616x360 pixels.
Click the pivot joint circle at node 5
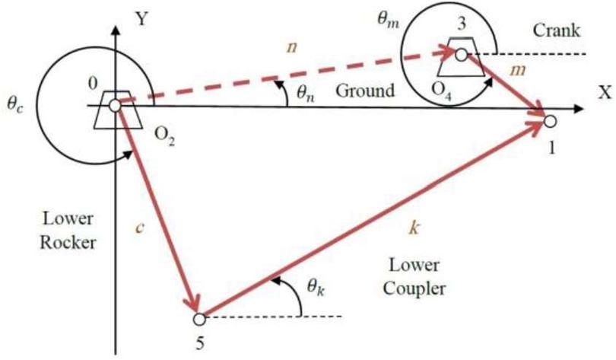pos(199,319)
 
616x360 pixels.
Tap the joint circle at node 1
pos(551,122)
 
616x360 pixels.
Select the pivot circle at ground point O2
pos(115,106)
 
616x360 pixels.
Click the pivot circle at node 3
pos(462,55)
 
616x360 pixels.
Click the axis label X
pos(605,92)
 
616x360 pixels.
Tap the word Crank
pos(556,30)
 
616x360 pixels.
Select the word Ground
pos(365,91)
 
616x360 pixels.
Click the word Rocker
pos(68,243)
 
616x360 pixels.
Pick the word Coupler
pos(414,289)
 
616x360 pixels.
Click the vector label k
pos(413,228)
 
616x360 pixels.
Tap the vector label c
pos(139,228)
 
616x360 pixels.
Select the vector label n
pos(291,47)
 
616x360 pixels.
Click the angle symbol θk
pos(316,288)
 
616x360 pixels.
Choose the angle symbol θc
pos(15,105)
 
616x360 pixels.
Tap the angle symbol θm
pos(388,20)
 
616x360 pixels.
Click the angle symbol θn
pos(306,94)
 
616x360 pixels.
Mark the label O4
pos(441,91)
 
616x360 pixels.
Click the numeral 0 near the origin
pos(93,84)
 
